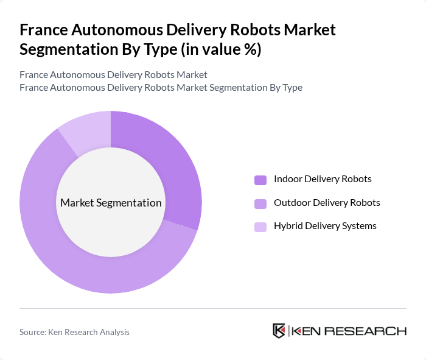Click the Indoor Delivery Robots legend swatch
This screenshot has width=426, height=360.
(x=260, y=180)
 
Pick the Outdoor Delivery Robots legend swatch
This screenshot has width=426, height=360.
(x=260, y=203)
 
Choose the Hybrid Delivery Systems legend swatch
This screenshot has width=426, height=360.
(x=260, y=227)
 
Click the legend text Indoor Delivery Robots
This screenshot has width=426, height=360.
(x=323, y=179)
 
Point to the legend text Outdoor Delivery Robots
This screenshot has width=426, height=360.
(x=327, y=202)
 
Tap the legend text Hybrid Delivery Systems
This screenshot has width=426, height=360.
(x=325, y=226)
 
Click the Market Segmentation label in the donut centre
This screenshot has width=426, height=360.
(x=111, y=203)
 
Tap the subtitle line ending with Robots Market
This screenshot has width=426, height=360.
(x=113, y=74)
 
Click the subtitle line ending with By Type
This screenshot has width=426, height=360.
(x=161, y=87)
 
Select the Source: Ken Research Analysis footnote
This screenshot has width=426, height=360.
(x=74, y=332)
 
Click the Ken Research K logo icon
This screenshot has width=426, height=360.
(x=279, y=331)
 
